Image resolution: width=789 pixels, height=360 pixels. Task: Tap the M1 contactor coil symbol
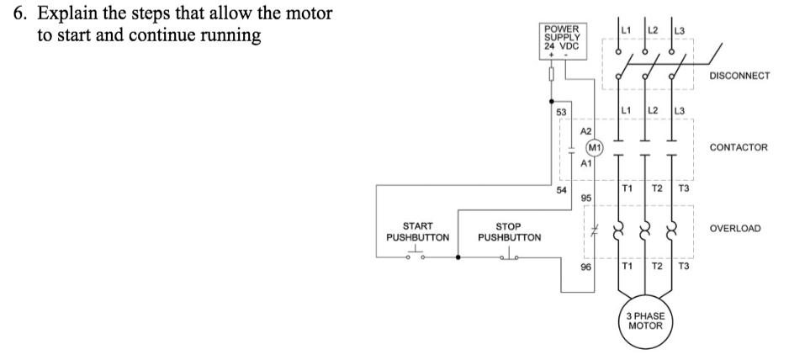[594, 148]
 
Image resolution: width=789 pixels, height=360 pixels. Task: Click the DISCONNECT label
[739, 75]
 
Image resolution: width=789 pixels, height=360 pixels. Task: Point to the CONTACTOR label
[739, 147]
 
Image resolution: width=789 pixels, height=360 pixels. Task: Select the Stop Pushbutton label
[509, 231]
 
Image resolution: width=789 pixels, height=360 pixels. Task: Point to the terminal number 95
[585, 198]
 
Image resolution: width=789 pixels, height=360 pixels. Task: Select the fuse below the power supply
[551, 76]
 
